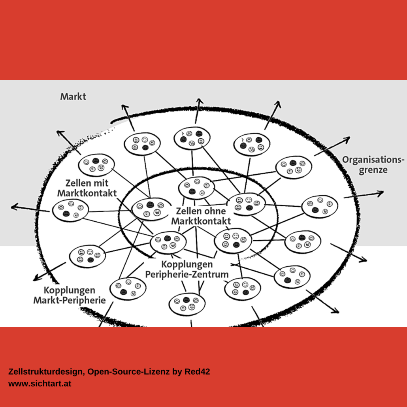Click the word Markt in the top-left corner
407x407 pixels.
click(x=73, y=96)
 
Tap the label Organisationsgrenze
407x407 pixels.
click(x=373, y=165)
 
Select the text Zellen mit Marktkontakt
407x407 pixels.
click(x=87, y=188)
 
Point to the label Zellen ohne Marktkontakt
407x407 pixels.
click(x=201, y=216)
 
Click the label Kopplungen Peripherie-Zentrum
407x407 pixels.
click(x=187, y=269)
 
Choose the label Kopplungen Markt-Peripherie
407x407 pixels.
click(x=70, y=295)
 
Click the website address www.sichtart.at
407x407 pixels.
click(x=40, y=384)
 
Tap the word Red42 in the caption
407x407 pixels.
click(x=197, y=372)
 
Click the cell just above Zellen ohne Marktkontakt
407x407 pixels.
click(x=196, y=188)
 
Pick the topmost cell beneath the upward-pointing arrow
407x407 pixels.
click(x=192, y=138)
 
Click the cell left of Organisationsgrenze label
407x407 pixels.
click(x=294, y=168)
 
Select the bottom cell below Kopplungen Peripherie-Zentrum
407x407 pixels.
click(x=187, y=304)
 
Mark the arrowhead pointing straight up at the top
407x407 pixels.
click(x=199, y=101)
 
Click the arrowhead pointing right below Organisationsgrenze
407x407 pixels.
click(x=381, y=193)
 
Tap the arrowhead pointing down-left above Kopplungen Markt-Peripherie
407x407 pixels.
click(x=37, y=278)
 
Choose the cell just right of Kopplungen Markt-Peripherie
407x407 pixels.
click(x=128, y=288)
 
